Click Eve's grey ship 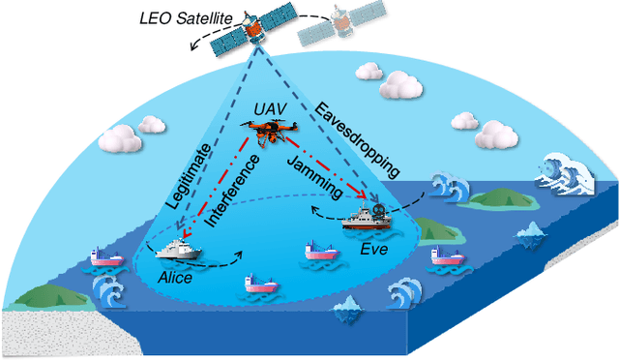[368, 217]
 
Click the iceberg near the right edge [530, 231]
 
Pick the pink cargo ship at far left [104, 256]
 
